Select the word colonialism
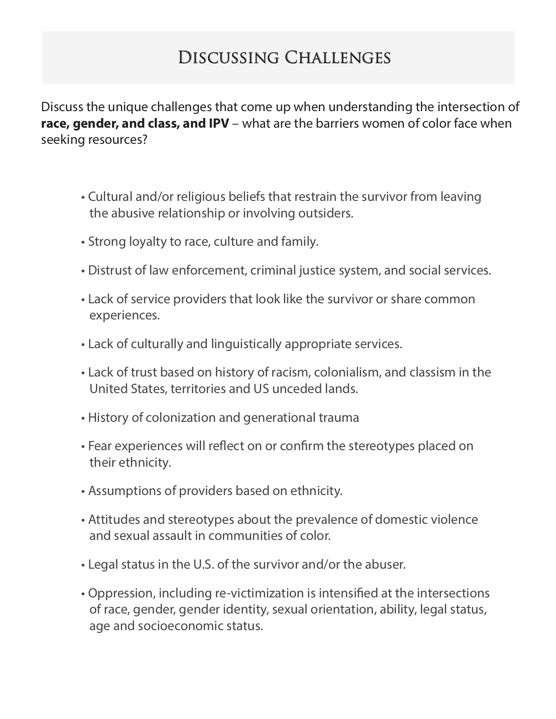[347, 373]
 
